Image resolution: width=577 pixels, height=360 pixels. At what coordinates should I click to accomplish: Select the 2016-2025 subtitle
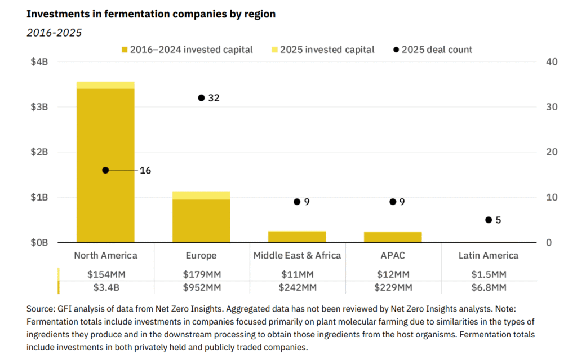pos(54,33)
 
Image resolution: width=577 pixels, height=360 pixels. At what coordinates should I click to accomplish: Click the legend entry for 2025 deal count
pos(433,50)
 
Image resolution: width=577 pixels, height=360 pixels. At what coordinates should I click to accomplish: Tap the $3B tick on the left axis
pos(39,107)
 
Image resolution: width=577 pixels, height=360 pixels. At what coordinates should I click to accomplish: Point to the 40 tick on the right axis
pos(552,62)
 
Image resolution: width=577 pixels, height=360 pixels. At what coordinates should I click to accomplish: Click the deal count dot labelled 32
pos(201,98)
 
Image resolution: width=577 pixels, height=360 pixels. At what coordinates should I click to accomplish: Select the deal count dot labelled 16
pos(105,170)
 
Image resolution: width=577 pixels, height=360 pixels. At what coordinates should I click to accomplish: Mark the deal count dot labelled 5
pos(489,220)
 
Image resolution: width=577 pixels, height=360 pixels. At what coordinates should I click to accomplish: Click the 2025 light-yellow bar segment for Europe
pos(201,195)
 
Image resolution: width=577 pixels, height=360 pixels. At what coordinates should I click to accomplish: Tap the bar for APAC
pos(393,237)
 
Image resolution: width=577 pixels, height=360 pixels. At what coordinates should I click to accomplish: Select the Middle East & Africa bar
pos(297,237)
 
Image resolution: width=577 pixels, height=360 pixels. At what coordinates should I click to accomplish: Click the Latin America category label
pos(489,255)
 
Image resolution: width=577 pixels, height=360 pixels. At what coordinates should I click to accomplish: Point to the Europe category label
pos(201,255)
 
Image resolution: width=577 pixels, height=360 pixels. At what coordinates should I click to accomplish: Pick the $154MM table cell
pos(105,274)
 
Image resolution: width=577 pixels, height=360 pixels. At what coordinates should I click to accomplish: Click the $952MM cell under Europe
pos(201,287)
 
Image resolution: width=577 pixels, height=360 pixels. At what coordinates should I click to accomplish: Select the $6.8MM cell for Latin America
pos(489,287)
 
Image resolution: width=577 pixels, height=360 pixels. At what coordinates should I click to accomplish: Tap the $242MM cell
pos(297,287)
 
